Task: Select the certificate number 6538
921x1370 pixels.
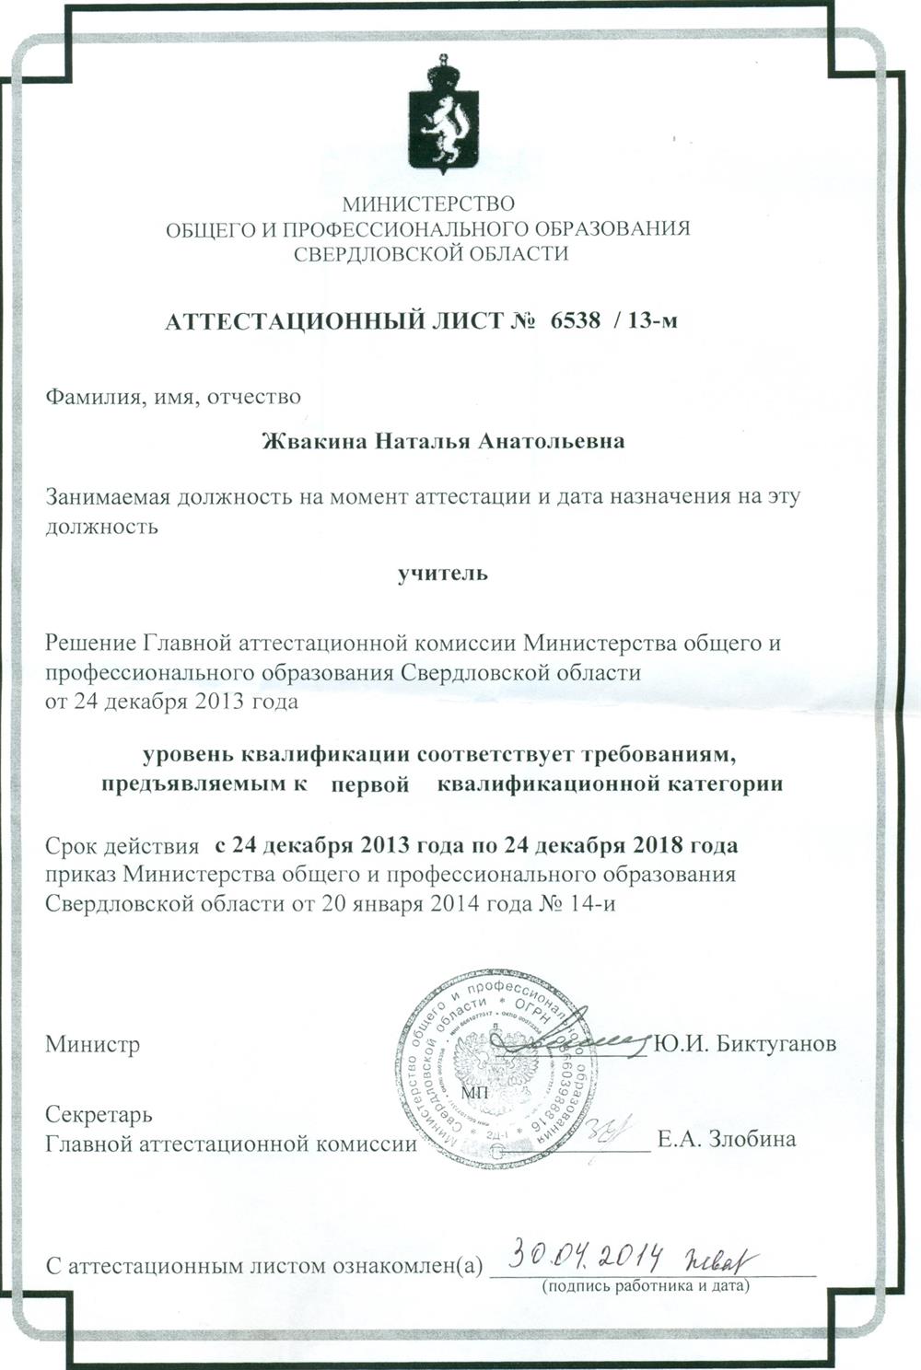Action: [x=575, y=320]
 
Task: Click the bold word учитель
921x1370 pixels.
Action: [x=442, y=574]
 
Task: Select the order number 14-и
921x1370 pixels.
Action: [x=593, y=903]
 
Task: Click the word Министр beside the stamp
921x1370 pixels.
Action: [x=93, y=1045]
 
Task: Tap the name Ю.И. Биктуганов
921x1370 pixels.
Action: [x=744, y=1045]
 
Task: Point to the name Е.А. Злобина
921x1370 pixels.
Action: [x=727, y=1140]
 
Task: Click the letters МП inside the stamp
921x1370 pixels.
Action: [x=476, y=1093]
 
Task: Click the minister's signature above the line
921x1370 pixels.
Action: [x=580, y=1037]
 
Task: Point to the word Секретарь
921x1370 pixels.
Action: [x=99, y=1115]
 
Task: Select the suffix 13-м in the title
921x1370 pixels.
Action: [x=652, y=320]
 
